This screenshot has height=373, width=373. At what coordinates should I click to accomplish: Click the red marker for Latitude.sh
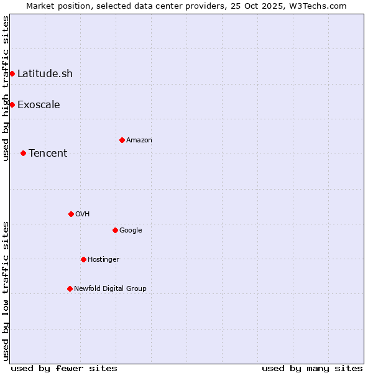point(12,73)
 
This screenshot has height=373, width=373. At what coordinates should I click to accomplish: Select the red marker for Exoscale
point(12,104)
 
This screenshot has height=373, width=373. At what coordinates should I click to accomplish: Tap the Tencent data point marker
point(23,153)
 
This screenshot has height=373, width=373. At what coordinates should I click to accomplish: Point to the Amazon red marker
point(122,140)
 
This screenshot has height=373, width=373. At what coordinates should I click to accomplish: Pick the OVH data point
point(71,214)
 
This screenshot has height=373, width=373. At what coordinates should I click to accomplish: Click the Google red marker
point(115,230)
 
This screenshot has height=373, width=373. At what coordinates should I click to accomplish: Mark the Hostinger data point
point(83,259)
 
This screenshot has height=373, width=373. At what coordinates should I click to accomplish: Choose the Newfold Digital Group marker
point(70,288)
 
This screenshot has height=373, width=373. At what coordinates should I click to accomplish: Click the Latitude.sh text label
point(45,73)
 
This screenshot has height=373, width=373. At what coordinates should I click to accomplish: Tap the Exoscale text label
point(39,104)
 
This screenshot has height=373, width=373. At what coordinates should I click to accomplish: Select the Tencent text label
point(48,153)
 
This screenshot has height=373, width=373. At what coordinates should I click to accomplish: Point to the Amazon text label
point(139,140)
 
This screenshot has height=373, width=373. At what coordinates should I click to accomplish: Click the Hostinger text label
point(103,259)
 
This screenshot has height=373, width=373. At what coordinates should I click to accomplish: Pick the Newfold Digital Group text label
point(110,288)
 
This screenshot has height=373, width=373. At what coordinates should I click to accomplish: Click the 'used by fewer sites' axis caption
point(64,368)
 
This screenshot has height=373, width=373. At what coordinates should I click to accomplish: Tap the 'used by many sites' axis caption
point(312,368)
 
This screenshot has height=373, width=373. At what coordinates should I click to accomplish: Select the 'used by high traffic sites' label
point(6,88)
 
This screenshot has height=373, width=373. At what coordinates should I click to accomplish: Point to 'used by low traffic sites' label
point(6,291)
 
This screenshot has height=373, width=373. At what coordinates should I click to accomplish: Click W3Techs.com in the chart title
point(321,6)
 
